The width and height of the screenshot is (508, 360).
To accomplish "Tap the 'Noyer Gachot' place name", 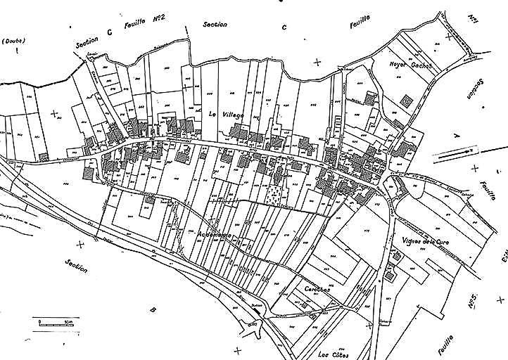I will pos(410,65).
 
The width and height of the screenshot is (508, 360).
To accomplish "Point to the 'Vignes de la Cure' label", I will pos(422,243).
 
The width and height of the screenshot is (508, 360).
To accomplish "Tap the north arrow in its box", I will pos(455,151).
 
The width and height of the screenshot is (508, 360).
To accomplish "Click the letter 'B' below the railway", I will pos(153,309).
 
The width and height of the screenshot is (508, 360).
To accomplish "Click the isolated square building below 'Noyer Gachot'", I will pos(406,102).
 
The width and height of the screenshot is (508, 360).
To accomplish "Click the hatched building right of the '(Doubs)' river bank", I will pos(44,155).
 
